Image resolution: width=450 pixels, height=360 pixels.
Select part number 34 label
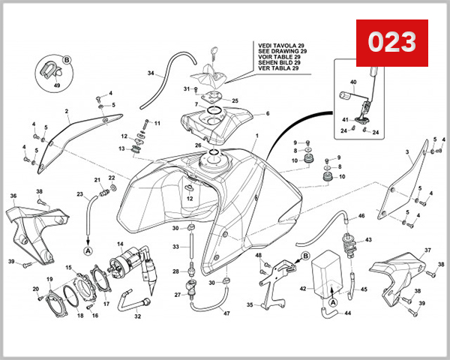pos(150,73)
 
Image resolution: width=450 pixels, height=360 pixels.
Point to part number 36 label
pos(13,196)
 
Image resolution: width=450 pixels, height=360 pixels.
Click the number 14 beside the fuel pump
pos(120,244)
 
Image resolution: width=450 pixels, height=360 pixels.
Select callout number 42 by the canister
pos(303,288)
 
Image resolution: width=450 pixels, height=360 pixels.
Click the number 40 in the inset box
pos(354,82)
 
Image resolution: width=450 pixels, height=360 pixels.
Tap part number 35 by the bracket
pos(249,306)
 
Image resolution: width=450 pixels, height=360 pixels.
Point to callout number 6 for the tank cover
pos(266,114)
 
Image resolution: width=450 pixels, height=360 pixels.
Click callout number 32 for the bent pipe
pos(138,316)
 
